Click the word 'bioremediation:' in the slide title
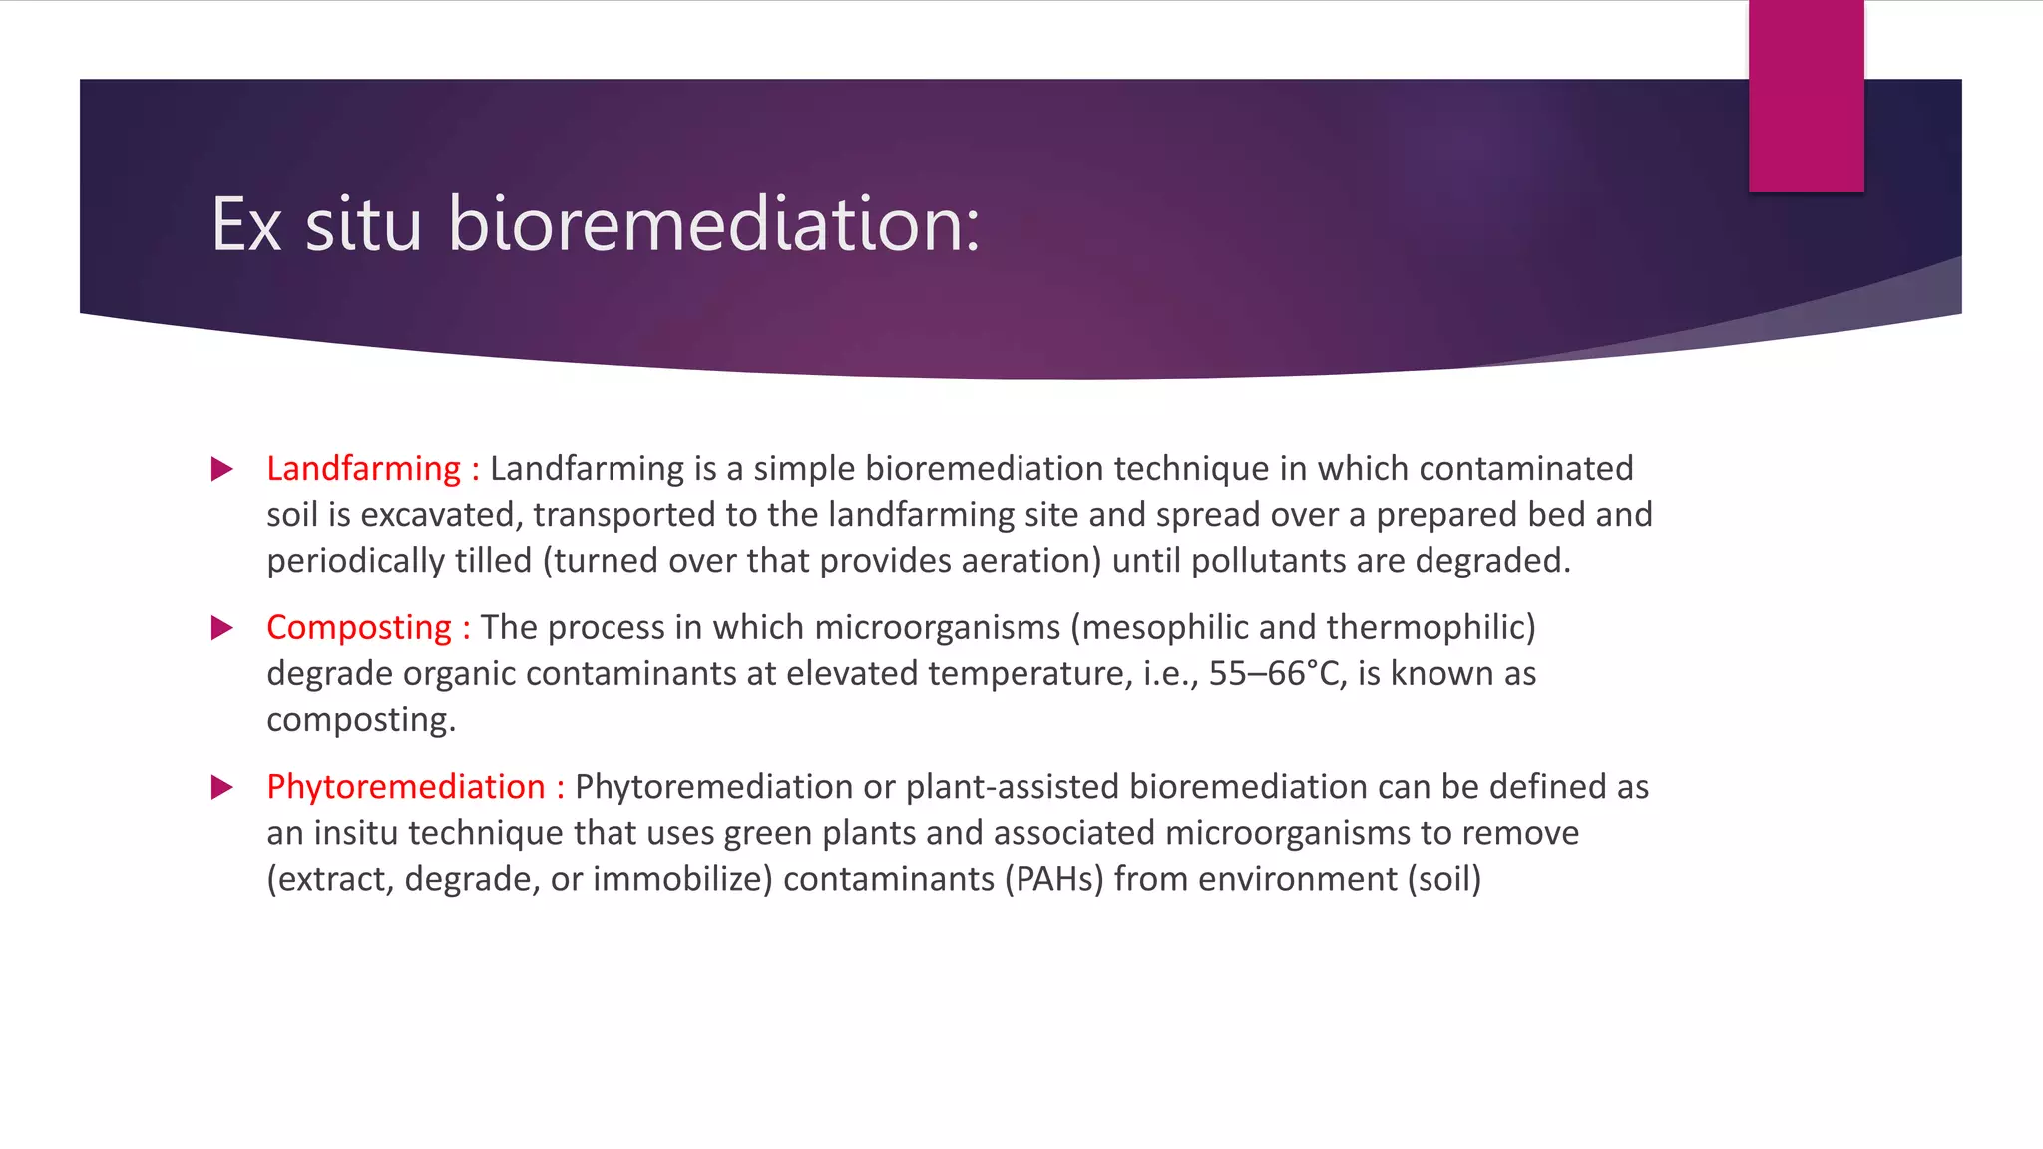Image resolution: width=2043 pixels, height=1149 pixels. [714, 224]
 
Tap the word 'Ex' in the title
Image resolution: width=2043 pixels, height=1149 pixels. [246, 225]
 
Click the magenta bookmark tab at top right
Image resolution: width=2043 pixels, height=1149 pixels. [1806, 96]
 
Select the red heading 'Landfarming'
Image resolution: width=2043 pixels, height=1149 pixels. [363, 468]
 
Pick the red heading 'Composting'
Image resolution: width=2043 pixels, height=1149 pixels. [359, 627]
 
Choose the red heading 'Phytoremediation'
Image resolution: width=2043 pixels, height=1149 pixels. [406, 787]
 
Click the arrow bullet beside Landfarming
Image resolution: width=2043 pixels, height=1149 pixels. [222, 469]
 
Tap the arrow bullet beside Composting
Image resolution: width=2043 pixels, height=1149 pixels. [222, 628]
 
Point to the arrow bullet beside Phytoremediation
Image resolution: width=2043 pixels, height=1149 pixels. [222, 788]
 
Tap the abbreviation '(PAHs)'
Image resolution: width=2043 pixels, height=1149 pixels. [1054, 879]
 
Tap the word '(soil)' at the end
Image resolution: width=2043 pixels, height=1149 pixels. [1444, 879]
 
